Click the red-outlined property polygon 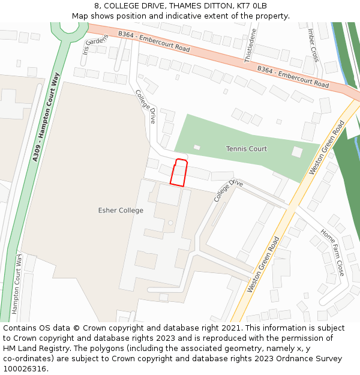point(178,173)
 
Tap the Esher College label point(121,211)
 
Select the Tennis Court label point(246,149)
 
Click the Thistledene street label point(250,45)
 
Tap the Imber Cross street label point(313,45)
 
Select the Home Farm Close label point(332,251)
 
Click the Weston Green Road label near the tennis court point(326,148)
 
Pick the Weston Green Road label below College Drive point(263,264)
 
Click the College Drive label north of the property point(145,107)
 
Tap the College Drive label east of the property point(228,190)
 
